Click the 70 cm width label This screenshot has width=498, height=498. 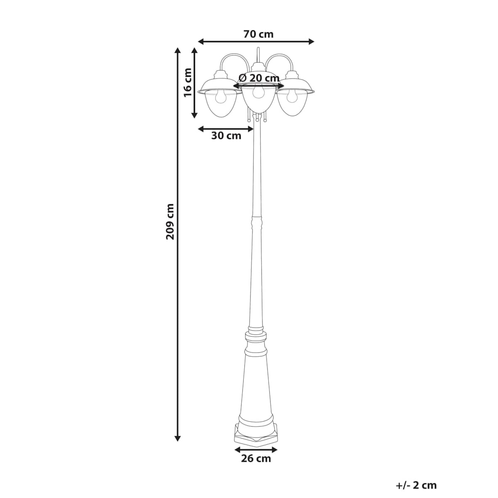[258, 34]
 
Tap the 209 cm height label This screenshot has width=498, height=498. [170, 222]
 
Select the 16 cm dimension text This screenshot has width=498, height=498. [188, 83]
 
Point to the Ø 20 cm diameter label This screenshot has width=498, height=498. [259, 78]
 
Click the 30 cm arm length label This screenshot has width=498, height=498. [226, 136]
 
